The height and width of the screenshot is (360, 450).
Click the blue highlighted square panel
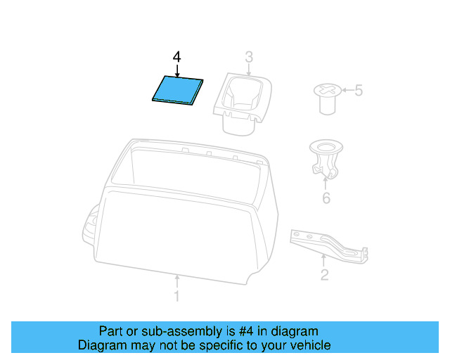pos(178,90)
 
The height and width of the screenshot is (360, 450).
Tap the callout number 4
pos(176,57)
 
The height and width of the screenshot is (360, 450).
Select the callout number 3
pos(249,57)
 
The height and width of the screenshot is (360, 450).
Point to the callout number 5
pos(359,91)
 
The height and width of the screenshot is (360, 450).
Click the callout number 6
pos(326,198)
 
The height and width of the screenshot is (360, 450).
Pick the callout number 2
pos(324,275)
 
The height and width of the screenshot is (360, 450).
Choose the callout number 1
pos(176,296)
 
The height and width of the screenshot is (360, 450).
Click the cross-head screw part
pos(328,99)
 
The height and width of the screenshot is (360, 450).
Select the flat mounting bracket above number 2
pos(328,246)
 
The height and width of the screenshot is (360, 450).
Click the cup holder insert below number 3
pos(243,103)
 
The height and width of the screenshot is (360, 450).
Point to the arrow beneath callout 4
pos(177,71)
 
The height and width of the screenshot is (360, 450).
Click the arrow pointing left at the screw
pos(347,90)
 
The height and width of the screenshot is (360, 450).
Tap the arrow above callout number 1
pos(177,281)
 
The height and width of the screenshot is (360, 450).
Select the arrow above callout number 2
pos(323,260)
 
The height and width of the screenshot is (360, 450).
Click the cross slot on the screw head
pos(328,89)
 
